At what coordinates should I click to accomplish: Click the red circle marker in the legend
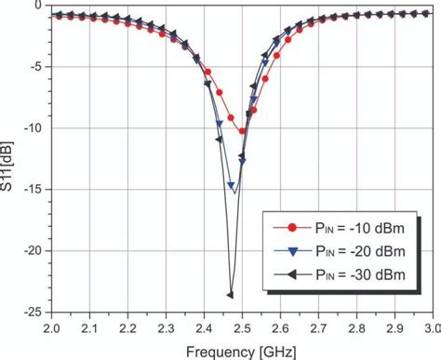coord(292,226)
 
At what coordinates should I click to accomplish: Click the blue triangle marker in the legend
coord(292,250)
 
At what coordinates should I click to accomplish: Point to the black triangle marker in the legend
coord(292,274)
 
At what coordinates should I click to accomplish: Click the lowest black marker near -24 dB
coord(230,295)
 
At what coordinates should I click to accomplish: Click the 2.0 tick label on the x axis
coord(52,328)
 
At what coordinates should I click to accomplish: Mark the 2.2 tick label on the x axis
coord(128,328)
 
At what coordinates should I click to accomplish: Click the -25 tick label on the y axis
coord(35,313)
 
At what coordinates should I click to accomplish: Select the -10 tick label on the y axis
coord(35,128)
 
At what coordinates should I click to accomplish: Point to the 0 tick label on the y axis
coord(40,6)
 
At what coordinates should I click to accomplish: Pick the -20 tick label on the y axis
coord(35,251)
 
